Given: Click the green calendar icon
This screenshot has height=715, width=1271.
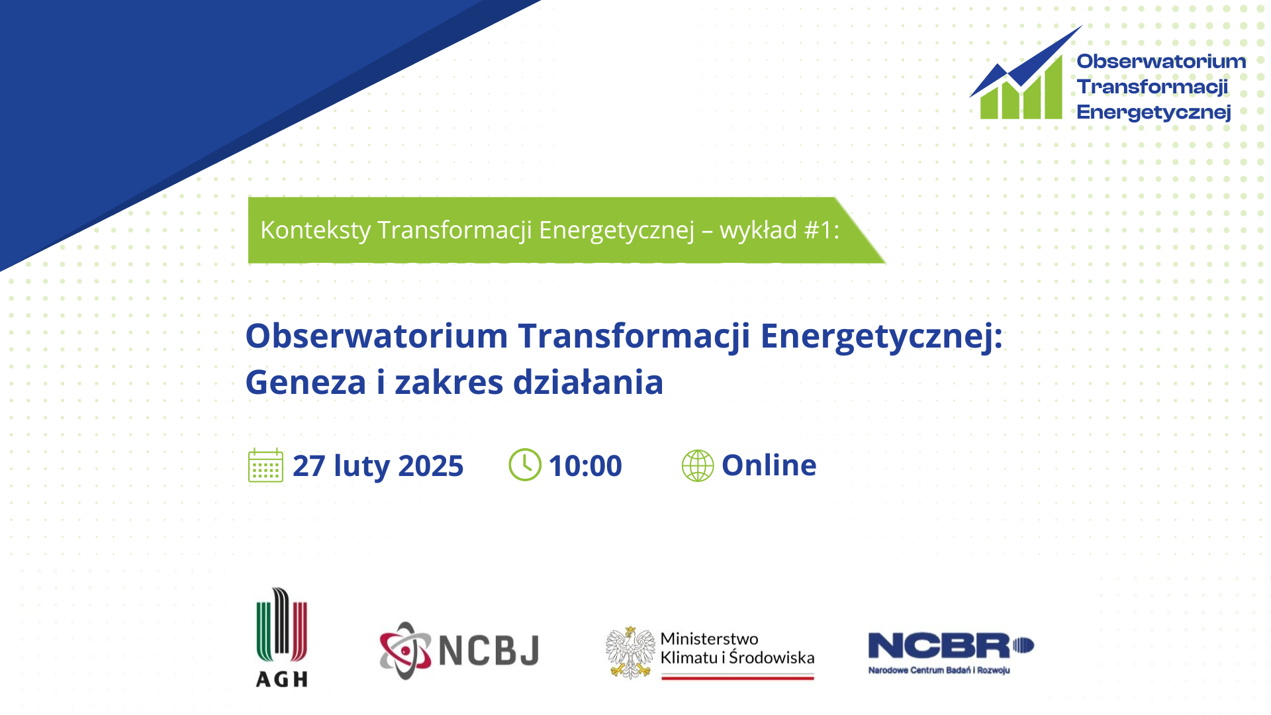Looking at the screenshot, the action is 265,465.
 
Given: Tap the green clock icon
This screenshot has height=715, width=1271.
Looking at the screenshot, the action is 525,465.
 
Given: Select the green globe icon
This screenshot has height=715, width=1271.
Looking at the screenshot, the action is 698,465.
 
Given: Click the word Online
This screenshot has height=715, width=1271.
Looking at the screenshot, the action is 769,465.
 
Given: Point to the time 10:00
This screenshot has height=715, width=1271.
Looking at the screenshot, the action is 585,465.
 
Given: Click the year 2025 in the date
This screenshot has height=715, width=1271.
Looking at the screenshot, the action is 431,466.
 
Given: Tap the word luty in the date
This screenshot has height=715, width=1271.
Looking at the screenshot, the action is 362,466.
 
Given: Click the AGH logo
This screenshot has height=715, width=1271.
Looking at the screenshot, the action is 282,638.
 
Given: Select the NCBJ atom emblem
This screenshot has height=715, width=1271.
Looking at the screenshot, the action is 405,650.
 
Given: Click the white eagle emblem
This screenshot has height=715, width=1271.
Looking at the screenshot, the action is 630,653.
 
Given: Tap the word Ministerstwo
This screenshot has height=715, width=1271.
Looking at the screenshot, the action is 709,639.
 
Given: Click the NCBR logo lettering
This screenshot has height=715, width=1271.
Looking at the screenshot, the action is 951,645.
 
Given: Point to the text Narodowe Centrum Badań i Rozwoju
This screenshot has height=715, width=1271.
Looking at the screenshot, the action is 939,670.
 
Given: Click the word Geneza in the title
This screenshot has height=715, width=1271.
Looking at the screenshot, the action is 306,383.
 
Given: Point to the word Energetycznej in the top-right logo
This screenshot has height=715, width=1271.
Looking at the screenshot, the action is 1154,113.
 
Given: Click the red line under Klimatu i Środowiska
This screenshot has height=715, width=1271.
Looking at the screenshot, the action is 737,677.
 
